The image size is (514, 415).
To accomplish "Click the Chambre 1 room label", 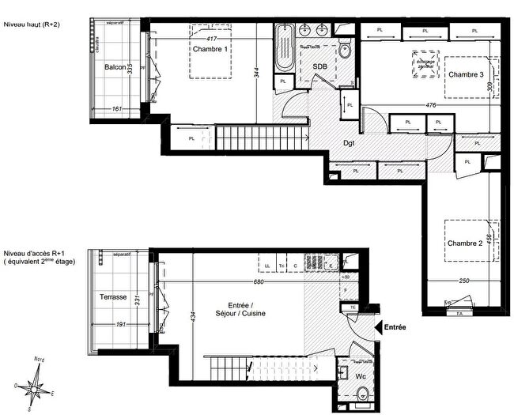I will point(210,49).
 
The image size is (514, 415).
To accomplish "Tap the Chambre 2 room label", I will point(466,243).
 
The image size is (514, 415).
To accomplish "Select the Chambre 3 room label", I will point(466,74).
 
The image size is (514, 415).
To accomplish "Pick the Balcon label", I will point(115,67).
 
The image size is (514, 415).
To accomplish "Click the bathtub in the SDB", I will point(285,49).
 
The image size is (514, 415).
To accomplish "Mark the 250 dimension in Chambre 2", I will point(465,282).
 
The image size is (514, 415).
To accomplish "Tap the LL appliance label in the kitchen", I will point(268,265).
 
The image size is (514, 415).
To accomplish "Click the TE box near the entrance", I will point(353,307).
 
